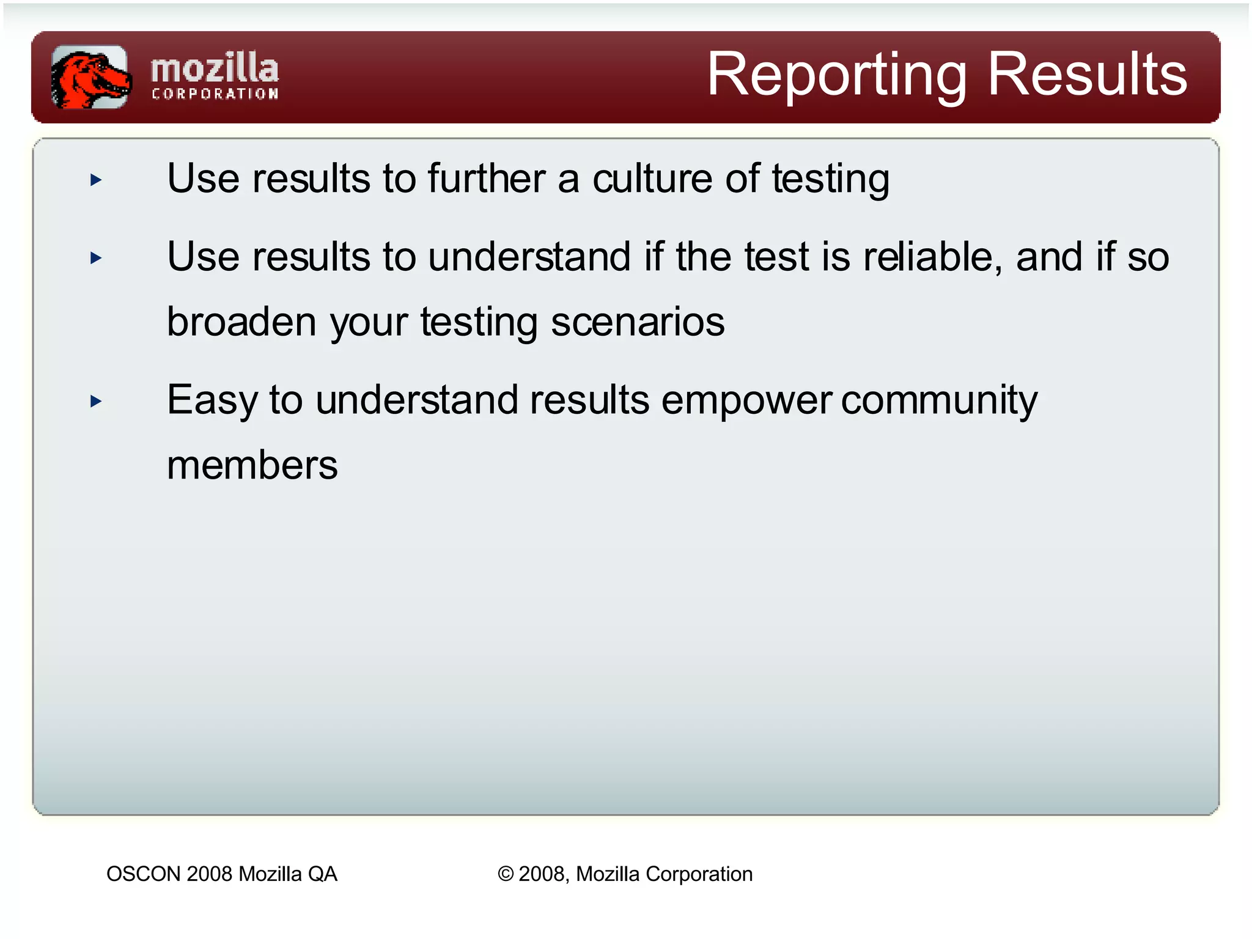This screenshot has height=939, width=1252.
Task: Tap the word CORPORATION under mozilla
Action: (215, 94)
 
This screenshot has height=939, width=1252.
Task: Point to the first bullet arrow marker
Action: (96, 180)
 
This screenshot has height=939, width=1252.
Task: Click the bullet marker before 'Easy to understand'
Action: (96, 402)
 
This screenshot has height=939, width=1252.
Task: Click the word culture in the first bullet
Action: (652, 179)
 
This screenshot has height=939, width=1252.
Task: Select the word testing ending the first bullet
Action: (830, 180)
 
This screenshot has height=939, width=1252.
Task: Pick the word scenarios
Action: (638, 322)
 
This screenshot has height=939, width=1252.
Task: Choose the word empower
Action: (746, 401)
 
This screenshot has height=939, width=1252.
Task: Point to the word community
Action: (939, 401)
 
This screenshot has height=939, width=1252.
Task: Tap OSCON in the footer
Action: (144, 874)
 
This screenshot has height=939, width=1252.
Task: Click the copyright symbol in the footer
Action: (506, 874)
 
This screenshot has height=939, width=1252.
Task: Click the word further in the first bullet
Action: (487, 179)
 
